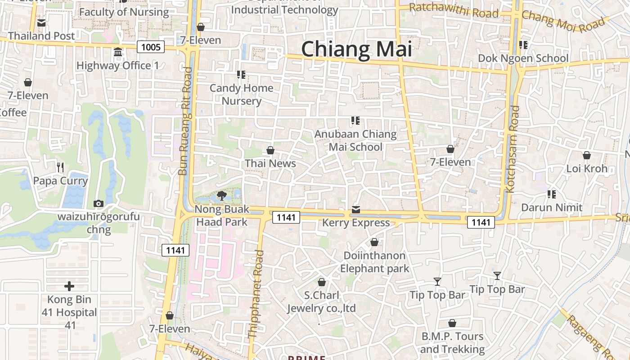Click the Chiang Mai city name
(356, 49)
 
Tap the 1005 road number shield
(151, 47)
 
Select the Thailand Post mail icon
(41, 23)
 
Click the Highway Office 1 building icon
(118, 53)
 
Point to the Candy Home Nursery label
(242, 94)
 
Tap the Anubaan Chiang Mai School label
(355, 140)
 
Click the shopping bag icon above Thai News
(270, 150)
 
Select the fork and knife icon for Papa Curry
(60, 167)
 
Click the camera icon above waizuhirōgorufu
(98, 204)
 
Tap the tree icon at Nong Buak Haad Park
(221, 195)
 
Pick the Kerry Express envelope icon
(356, 210)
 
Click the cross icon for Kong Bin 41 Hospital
(69, 286)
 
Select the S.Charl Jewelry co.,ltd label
(322, 301)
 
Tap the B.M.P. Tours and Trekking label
(452, 342)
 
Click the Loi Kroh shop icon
(587, 156)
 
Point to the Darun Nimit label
(552, 207)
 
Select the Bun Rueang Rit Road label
(185, 121)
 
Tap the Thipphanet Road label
(256, 294)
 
